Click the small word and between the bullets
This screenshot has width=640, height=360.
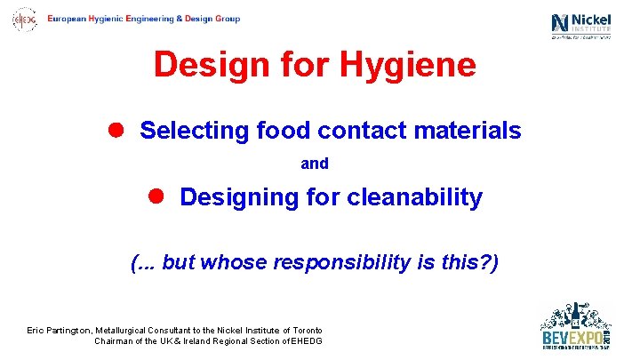tap(315, 164)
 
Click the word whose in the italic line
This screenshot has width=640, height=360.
tap(234, 263)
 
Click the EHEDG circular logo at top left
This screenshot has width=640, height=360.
tap(24, 19)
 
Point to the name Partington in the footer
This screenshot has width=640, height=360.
tap(67, 331)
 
